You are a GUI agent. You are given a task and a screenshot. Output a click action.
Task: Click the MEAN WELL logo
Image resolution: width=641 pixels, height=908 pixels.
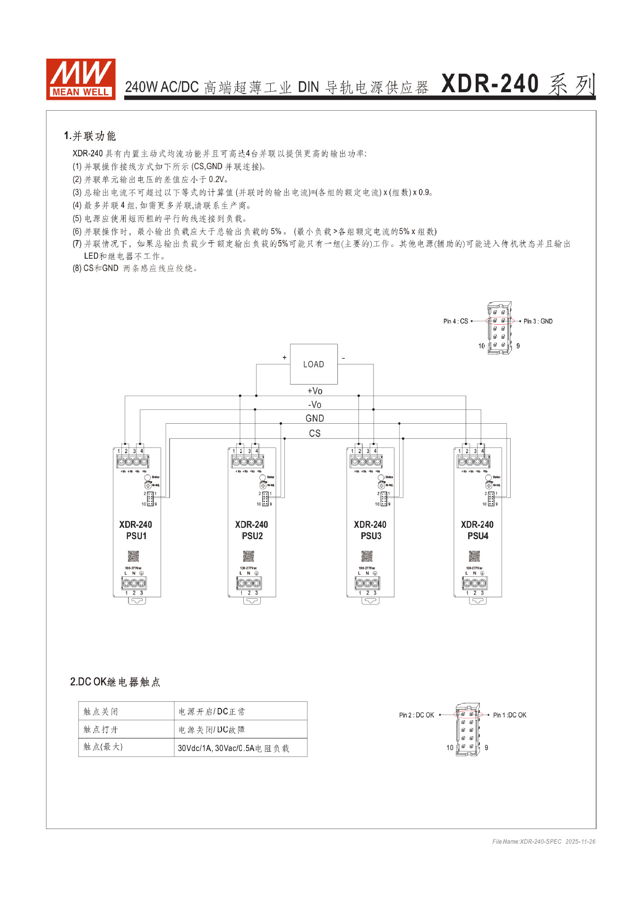pos(80,79)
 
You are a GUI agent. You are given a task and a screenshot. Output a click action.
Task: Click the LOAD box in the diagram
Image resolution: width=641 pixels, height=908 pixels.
pos(314,364)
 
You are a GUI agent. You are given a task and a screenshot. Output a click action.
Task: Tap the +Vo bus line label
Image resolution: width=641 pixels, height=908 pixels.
pos(315,391)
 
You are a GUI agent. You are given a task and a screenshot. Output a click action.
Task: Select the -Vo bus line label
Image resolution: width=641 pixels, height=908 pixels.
pos(315,405)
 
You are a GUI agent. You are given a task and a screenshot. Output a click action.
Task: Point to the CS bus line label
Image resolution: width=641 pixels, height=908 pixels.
pos(315,433)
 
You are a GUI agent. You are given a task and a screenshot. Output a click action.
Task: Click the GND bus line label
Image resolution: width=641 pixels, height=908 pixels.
pos(315,419)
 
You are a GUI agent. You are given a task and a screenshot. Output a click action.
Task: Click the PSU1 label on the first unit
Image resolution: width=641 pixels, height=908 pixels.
pos(136,536)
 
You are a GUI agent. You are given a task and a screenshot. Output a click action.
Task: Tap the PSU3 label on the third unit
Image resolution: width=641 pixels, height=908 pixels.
pos(371,536)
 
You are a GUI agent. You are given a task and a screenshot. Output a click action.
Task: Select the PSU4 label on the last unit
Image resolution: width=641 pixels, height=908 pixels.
pos(478,536)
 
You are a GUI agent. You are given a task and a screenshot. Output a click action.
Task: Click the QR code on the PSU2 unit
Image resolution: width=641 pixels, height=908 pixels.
pos(249,556)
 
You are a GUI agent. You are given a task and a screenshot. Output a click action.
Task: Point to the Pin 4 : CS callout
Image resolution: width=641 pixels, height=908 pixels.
pos(455,321)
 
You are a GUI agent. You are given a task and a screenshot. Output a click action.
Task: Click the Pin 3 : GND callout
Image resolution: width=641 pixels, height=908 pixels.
pos(538,321)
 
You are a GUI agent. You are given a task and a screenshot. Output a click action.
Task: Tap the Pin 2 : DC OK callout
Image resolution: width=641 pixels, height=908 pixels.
pos(416,715)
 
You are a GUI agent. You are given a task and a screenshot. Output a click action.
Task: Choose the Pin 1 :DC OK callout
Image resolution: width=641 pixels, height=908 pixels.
pos(509,715)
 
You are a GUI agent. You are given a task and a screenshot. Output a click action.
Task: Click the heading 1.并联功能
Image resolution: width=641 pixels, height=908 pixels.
pos(90,136)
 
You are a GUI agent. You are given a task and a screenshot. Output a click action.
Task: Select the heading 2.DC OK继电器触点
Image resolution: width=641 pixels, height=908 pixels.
pos(115,682)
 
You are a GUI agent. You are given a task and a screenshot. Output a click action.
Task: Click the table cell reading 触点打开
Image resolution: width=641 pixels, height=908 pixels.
pos(101,730)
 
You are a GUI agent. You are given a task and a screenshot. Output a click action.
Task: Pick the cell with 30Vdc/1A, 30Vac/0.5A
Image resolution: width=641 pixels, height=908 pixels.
pos(233,748)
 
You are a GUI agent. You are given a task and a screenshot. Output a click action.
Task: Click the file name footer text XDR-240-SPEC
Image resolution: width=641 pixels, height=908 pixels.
pos(540,841)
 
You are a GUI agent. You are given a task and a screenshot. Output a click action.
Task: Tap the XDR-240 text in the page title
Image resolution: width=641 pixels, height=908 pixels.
pos(490,84)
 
